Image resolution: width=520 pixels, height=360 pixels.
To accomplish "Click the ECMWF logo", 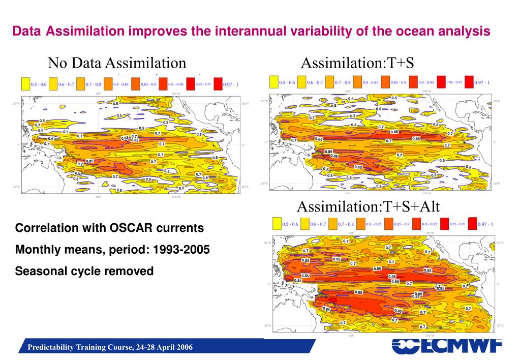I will click(x=447, y=347).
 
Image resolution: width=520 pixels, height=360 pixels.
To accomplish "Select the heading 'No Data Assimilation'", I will click(x=117, y=63).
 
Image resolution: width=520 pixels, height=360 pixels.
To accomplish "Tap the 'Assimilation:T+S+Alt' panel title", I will click(x=368, y=206).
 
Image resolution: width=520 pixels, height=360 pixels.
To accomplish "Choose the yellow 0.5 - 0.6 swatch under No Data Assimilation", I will click(x=25, y=83).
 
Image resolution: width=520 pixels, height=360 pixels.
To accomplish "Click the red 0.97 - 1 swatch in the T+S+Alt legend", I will click(x=472, y=223).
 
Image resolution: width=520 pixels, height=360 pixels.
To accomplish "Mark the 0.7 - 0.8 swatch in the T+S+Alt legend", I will click(x=332, y=224).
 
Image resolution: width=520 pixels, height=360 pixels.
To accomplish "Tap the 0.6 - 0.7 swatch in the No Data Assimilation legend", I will click(x=53, y=83).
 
